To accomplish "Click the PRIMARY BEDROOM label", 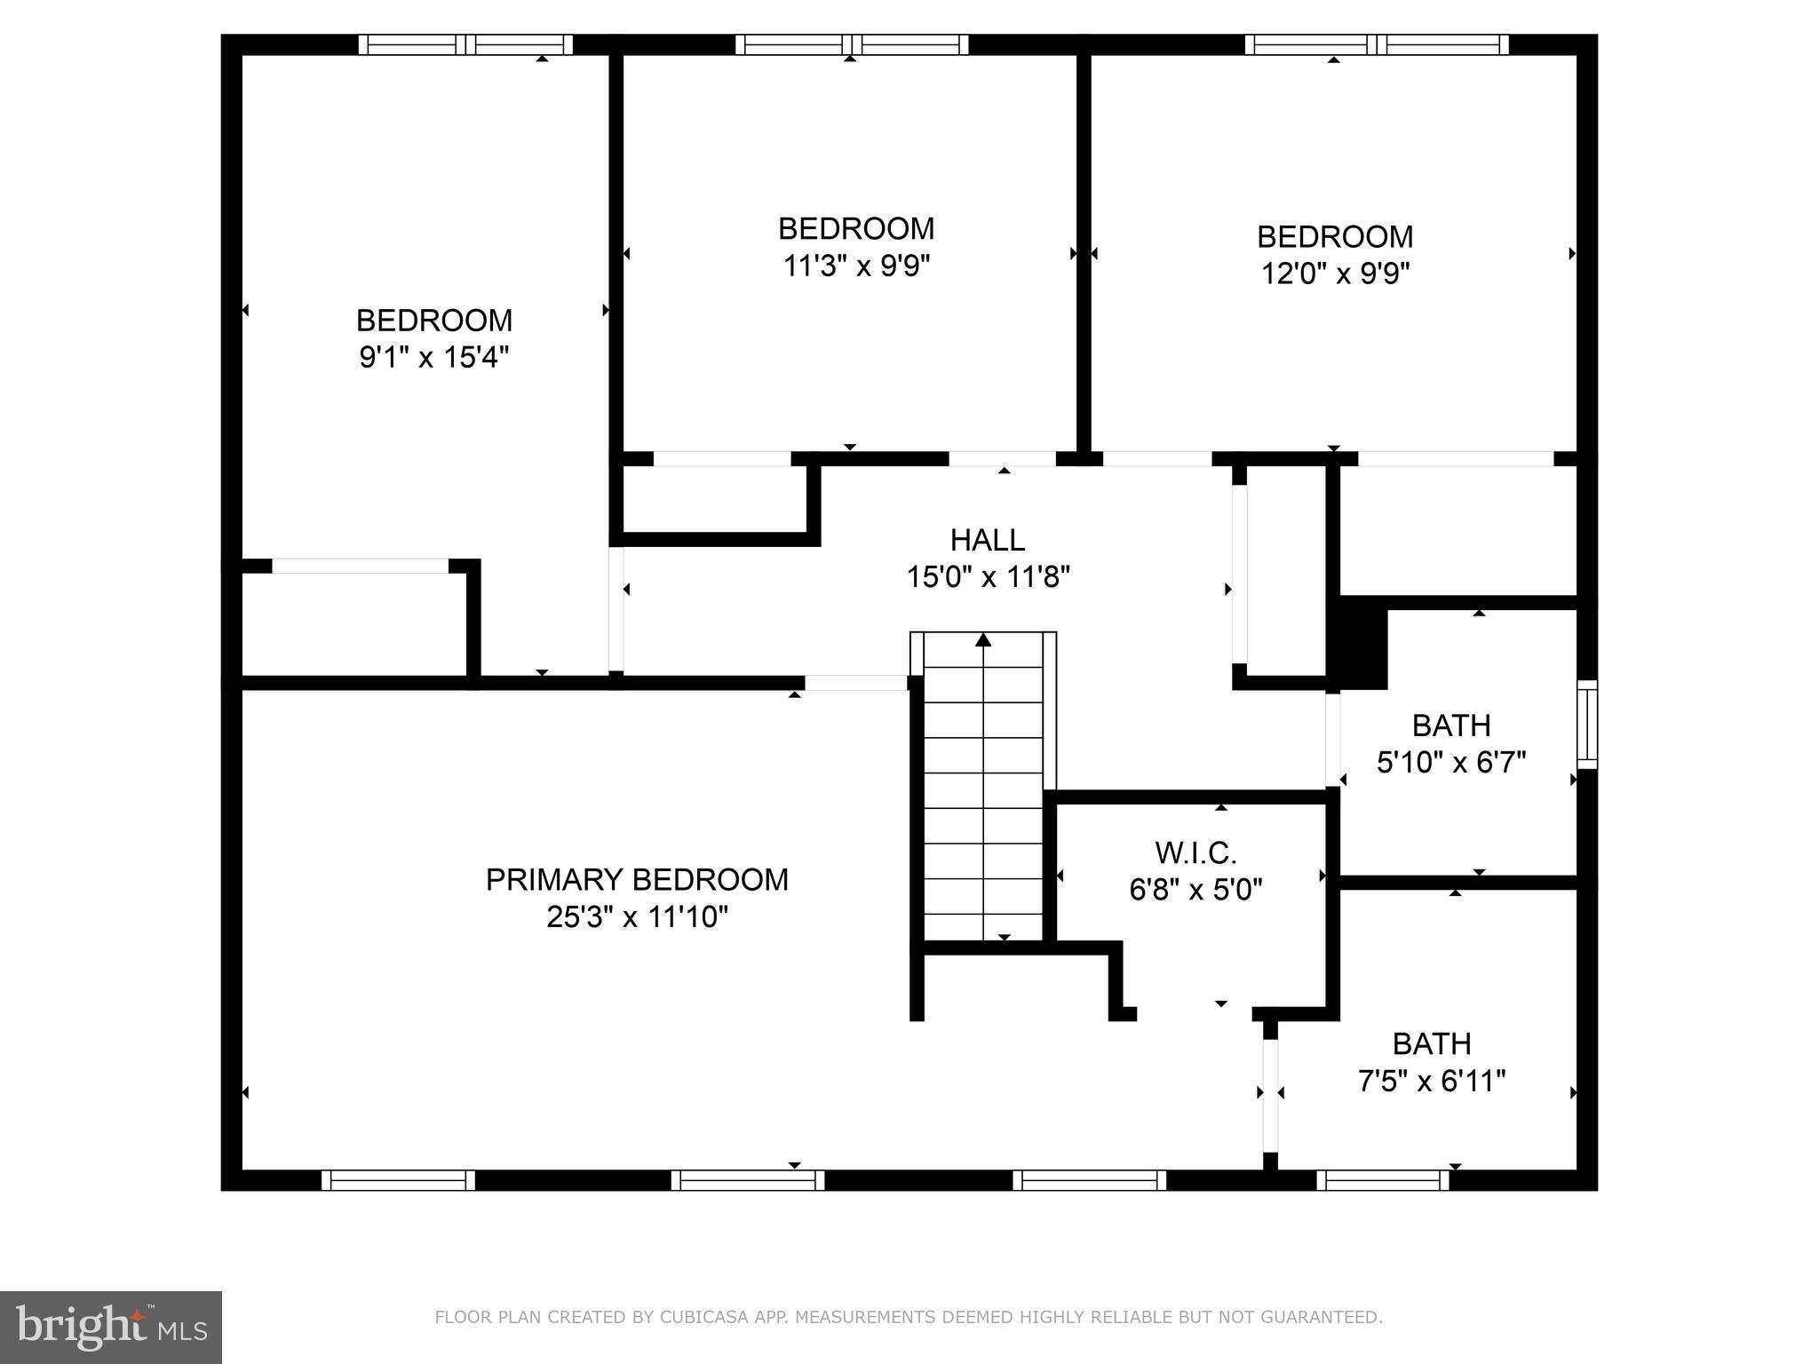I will (637, 879).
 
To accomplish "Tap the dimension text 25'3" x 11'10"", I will (637, 916).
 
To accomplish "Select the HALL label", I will (987, 540).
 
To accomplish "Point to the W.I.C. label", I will (1195, 852).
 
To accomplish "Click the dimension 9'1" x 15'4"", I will (433, 357).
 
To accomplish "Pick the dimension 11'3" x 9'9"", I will (856, 266).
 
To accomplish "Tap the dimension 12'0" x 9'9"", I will (1335, 274).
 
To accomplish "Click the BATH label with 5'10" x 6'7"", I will (1450, 726).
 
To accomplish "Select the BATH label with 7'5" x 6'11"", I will (1431, 1043).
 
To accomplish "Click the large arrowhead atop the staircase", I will (983, 639).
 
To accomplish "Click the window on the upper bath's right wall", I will (1586, 725).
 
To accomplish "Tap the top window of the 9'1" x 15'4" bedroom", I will (465, 44).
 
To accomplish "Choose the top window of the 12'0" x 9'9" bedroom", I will (1376, 44).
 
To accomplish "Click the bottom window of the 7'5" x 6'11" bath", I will (1382, 1180).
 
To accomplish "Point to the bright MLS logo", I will (110, 1327).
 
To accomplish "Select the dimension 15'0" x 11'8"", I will (987, 577).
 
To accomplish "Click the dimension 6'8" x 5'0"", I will (1195, 889).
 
